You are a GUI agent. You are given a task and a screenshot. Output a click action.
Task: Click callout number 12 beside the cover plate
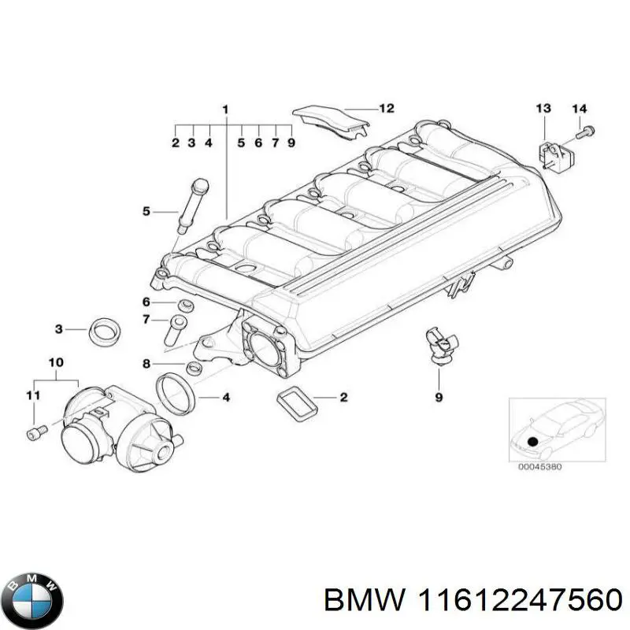[x=386, y=109]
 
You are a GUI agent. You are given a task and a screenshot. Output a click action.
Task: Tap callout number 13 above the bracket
[x=543, y=108]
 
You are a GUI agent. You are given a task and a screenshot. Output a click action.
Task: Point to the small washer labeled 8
[x=193, y=369]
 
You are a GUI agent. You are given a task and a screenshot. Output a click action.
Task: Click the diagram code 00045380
[x=539, y=467]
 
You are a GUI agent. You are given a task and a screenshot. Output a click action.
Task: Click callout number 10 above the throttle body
[x=55, y=363]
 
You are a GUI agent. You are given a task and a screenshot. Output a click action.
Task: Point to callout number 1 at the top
[x=225, y=109]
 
